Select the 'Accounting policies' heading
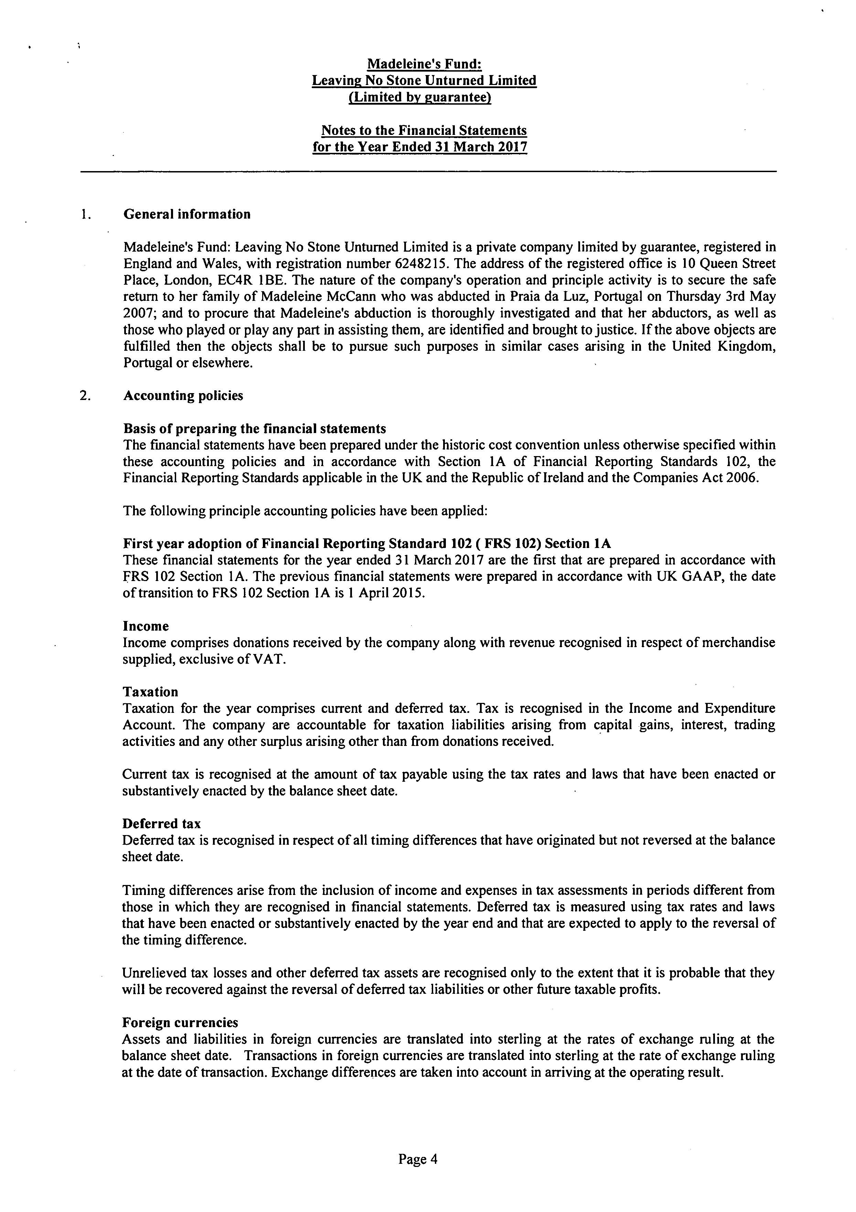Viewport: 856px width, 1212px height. [183, 396]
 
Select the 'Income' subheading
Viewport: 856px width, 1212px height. [146, 626]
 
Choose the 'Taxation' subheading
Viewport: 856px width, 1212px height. [150, 692]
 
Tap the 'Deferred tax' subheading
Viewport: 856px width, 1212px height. [161, 824]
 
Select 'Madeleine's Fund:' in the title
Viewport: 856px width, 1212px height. [424, 64]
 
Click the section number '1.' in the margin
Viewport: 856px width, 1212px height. [85, 214]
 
